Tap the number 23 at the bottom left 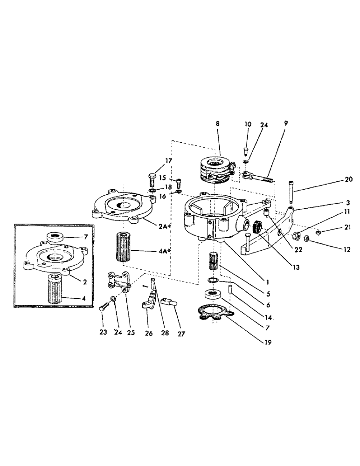click(x=103, y=332)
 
